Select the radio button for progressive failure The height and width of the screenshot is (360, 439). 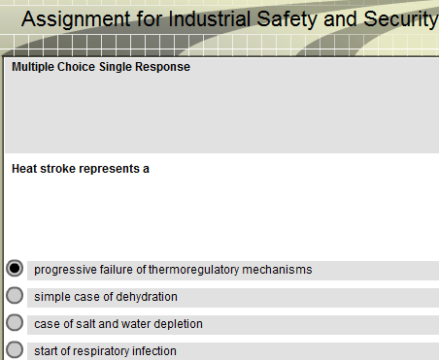tap(15, 269)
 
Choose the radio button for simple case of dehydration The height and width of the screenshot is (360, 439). tap(15, 296)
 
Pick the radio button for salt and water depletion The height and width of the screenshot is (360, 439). tap(15, 323)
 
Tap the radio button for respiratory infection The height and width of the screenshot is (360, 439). tap(15, 349)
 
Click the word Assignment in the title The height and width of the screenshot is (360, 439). tap(76, 19)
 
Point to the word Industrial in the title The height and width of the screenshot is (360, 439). tap(210, 18)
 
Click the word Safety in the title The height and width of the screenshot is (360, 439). tap(287, 19)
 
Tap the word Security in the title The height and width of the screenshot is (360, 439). tap(401, 19)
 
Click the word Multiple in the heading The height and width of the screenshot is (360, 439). tap(33, 67)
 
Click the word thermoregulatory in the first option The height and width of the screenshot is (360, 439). tap(193, 270)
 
